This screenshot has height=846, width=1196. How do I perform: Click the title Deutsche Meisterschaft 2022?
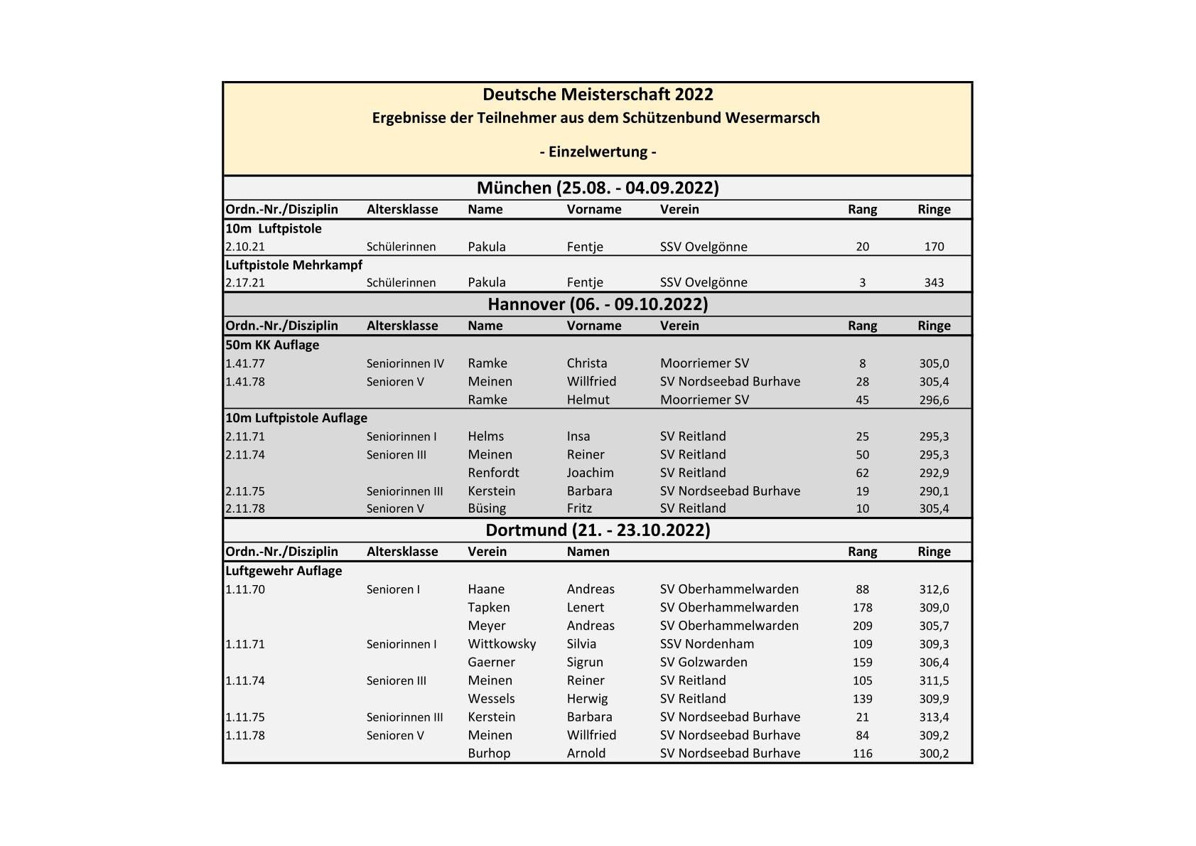(x=598, y=95)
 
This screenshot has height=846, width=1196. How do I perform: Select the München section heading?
(x=598, y=188)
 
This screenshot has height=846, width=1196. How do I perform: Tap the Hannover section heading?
(x=598, y=304)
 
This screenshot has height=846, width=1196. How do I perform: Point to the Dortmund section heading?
(x=598, y=530)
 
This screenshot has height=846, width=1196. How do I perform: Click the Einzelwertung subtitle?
(x=598, y=151)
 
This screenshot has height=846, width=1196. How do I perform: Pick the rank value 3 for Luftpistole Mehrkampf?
(x=862, y=282)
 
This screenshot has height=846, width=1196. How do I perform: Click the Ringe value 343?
(x=934, y=282)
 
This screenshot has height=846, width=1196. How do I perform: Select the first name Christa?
(x=587, y=363)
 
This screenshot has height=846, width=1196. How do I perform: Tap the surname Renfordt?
(x=493, y=473)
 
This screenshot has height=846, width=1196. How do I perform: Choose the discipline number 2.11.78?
(x=245, y=508)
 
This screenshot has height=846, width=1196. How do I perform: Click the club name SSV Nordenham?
(x=707, y=644)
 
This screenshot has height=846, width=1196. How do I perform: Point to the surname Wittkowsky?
(x=502, y=644)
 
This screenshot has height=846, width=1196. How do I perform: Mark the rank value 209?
(x=862, y=626)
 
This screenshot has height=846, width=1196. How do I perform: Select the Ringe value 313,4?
(x=934, y=717)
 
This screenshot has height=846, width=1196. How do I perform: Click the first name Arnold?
(x=586, y=754)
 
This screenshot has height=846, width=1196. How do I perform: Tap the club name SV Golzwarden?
(x=704, y=663)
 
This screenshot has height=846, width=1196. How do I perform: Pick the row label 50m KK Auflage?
(x=272, y=345)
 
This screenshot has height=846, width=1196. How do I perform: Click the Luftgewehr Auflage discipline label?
(x=284, y=571)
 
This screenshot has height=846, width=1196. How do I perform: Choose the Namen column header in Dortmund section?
(x=588, y=552)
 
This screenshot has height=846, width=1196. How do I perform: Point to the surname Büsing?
(x=487, y=508)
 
